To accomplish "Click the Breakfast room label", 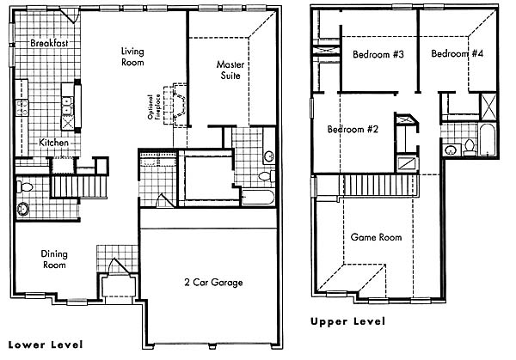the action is pos(49,43).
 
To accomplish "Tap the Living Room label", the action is pos(132,57).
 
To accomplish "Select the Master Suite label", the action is pos(230,70).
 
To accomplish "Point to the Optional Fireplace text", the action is pos(154,107).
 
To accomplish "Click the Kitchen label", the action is pos(53,143).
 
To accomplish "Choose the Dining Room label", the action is pos(54,259).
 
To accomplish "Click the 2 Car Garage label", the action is pos(213,283).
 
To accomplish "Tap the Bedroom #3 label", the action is pos(378,54).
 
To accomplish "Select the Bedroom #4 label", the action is pos(458,53).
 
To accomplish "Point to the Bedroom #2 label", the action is pos(353,129).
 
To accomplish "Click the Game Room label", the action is pos(376,237).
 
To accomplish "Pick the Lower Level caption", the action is pos(46,345).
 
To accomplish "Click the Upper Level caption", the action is pos(347,321).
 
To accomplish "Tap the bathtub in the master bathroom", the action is pos(258,198).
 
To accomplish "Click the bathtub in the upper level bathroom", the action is pos(487,139).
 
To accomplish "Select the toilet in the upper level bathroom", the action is pos(469,147).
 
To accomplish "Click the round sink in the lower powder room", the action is pos(23,209).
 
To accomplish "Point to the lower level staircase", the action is pos(79,186).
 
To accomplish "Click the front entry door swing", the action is pos(120,265).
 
